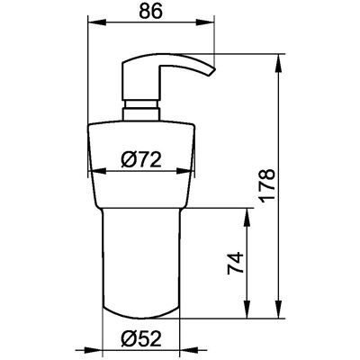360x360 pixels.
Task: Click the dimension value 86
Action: tap(150, 11)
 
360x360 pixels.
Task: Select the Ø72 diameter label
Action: tap(141, 159)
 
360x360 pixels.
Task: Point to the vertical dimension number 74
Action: tap(235, 263)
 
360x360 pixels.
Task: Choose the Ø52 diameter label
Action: tap(141, 339)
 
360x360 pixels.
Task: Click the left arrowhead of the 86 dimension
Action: tap(96, 22)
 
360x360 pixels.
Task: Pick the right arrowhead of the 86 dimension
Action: tap(205, 22)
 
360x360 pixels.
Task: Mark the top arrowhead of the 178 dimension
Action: tap(279, 63)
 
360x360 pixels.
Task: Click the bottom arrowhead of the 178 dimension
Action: tap(279, 309)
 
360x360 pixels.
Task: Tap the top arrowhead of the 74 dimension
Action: tap(247, 217)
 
